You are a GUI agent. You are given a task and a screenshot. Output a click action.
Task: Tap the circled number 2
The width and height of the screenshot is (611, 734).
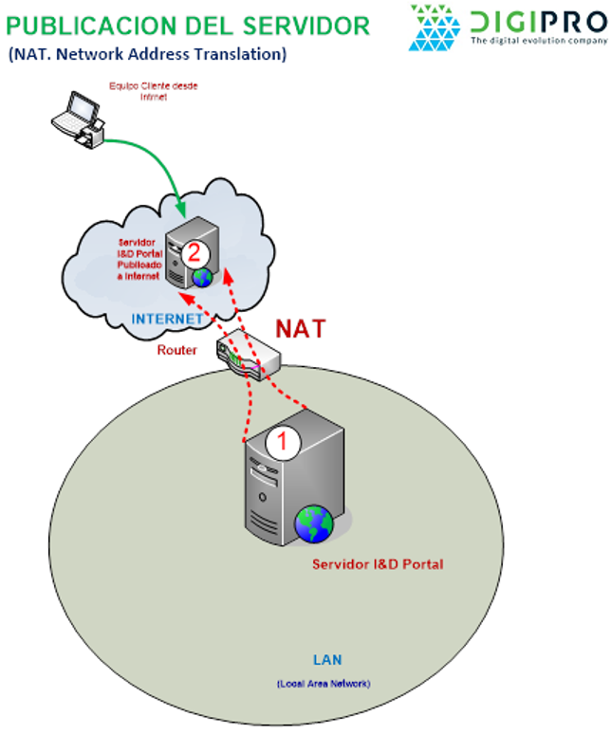click(x=194, y=253)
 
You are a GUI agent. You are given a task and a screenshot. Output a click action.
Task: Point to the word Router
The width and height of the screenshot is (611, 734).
click(x=177, y=350)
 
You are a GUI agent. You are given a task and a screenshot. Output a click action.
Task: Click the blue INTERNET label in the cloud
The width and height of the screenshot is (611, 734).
click(x=167, y=319)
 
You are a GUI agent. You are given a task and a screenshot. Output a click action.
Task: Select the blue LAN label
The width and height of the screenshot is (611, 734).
click(x=327, y=660)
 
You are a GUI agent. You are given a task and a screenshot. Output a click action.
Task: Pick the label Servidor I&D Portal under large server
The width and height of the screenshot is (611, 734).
click(x=378, y=564)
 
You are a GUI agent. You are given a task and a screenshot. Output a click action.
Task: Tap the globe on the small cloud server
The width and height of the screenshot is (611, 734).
click(x=202, y=277)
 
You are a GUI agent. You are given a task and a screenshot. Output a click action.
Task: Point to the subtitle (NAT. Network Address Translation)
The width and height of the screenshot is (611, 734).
click(x=147, y=54)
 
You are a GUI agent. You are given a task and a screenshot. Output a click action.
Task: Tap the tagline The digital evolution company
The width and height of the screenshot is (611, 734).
click(x=538, y=41)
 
